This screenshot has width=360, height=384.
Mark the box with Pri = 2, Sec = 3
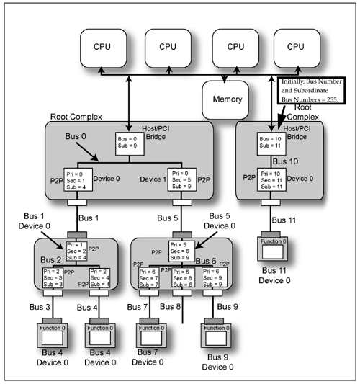(x=54, y=279)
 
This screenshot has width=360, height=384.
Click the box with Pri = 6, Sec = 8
(x=184, y=279)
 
